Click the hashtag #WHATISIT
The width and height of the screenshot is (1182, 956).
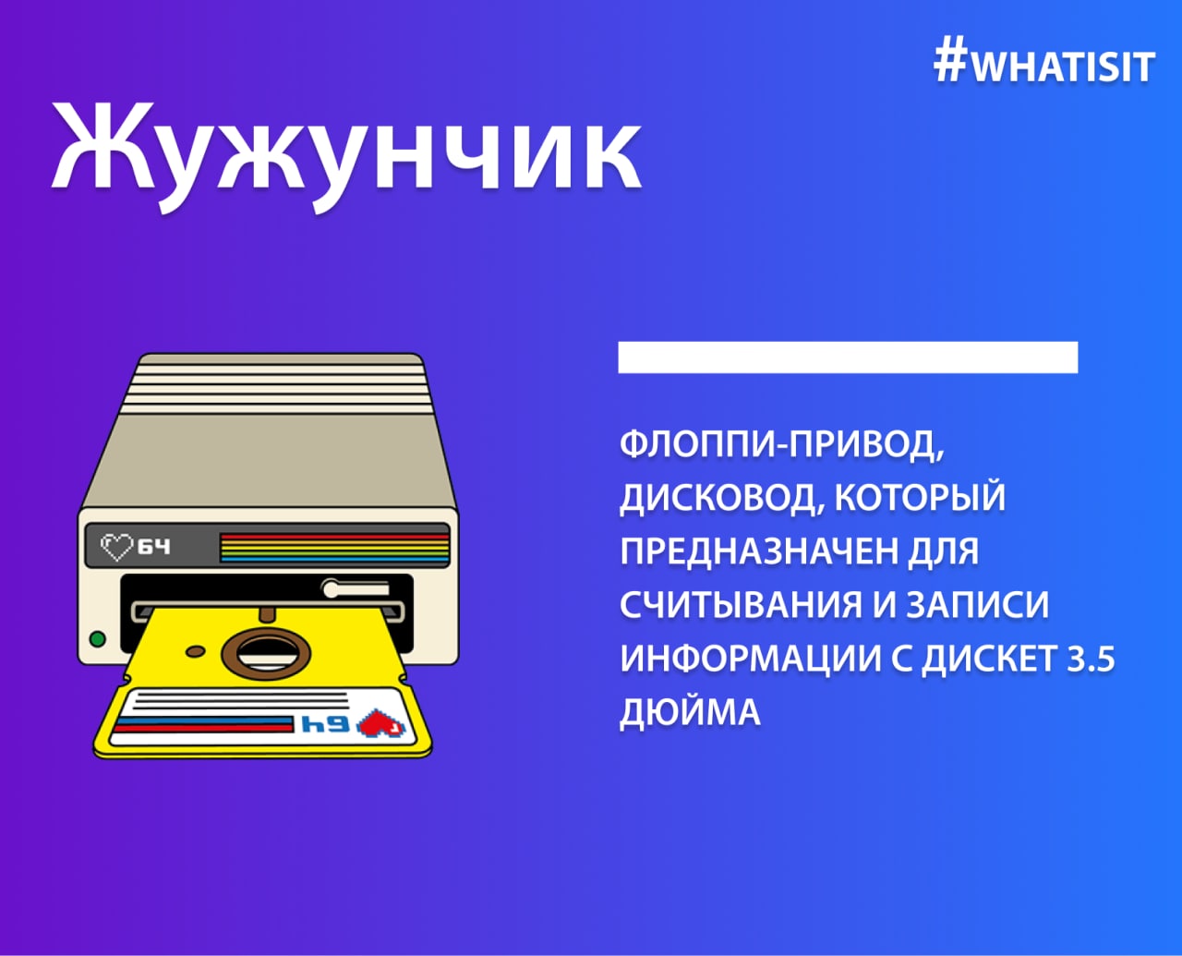point(1045,65)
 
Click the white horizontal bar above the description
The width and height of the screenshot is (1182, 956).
point(848,357)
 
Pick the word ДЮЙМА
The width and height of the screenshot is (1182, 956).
point(689,713)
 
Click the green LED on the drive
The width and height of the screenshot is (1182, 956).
point(98,639)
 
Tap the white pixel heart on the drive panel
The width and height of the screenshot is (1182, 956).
point(116,547)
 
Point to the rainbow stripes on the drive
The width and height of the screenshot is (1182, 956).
point(334,549)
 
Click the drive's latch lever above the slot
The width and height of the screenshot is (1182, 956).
point(356,588)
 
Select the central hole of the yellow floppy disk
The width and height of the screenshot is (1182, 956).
point(265,653)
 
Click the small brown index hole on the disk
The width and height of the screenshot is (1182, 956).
point(196,650)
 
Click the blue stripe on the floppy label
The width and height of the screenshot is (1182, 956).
point(204,721)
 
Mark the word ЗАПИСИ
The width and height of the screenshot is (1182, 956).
point(978,605)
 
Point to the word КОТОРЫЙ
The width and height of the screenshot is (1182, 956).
point(920,498)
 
